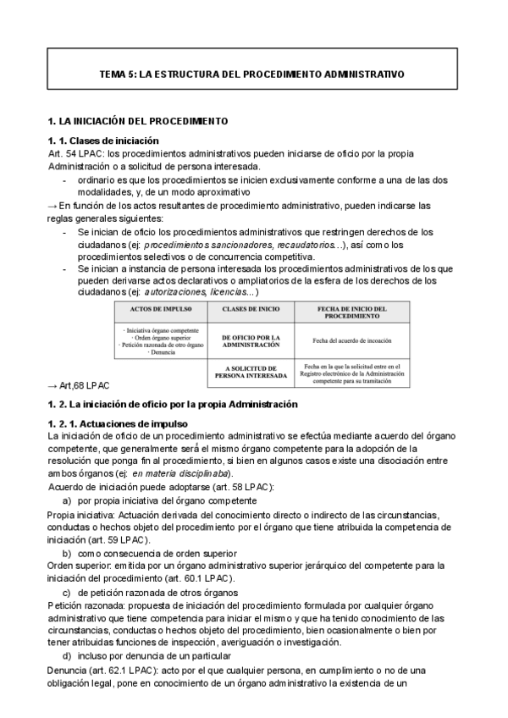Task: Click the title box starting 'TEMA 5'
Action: (x=252, y=75)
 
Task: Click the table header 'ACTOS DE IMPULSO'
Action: (x=157, y=310)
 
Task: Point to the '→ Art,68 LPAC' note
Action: (x=78, y=386)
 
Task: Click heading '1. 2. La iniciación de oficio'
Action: (x=173, y=404)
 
